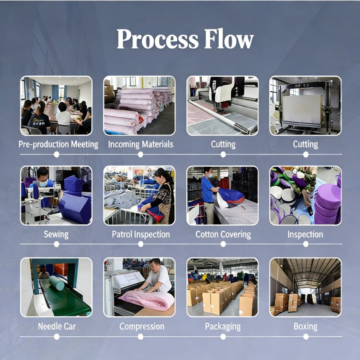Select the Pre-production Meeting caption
[x=58, y=144]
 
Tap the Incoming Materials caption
[x=141, y=144]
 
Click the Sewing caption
[x=56, y=235]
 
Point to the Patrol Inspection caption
[x=141, y=235]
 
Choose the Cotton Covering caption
[x=223, y=235]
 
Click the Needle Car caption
[x=56, y=327]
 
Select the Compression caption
[x=142, y=327]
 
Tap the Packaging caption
[x=223, y=327]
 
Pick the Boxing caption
[x=305, y=327]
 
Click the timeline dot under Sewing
[x=56, y=244]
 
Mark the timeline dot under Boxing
[x=306, y=337]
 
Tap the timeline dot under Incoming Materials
[x=140, y=154]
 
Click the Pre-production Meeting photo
[x=56, y=105]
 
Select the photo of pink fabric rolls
[x=139, y=105]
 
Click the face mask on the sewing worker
[x=43, y=184]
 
